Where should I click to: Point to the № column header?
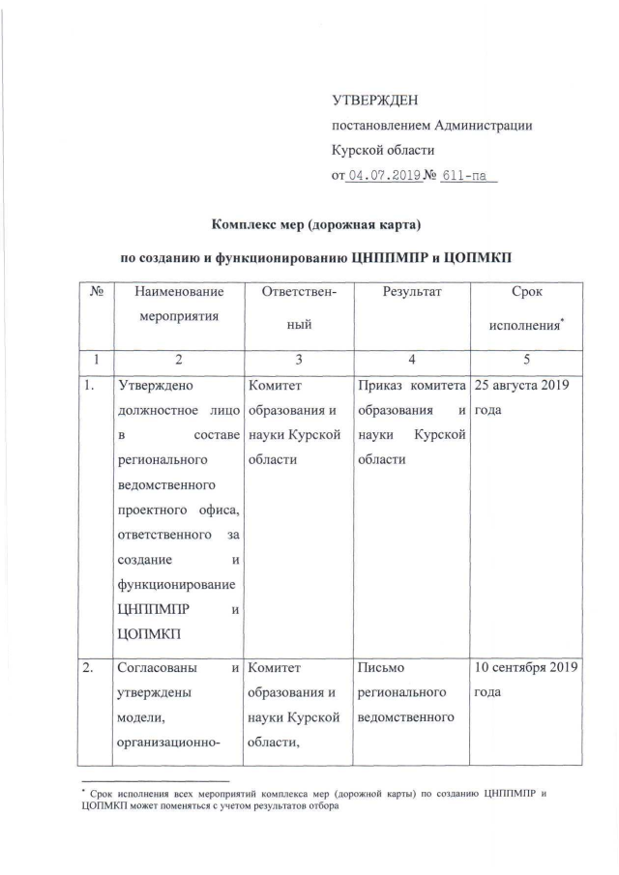click(x=96, y=290)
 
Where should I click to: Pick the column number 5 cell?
click(x=526, y=360)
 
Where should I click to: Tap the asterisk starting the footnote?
click(x=82, y=792)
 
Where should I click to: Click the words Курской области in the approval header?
click(x=383, y=151)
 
